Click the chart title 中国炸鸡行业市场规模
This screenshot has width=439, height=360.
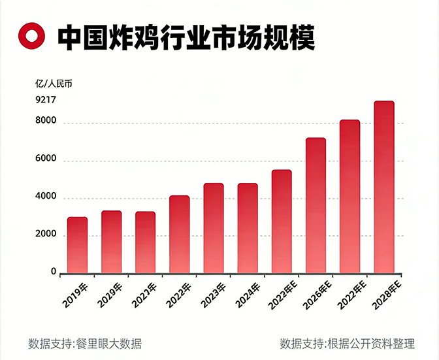click(x=186, y=37)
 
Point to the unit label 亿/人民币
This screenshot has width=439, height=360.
click(x=54, y=83)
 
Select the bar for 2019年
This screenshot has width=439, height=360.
click(x=77, y=245)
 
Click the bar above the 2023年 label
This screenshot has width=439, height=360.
click(x=213, y=228)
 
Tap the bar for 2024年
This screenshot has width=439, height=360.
click(x=247, y=228)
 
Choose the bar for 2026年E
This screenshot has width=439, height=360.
click(x=316, y=205)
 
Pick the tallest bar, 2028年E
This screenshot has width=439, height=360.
click(x=383, y=187)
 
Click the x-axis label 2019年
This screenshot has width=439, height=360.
click(x=76, y=296)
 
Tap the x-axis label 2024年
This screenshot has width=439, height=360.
click(x=246, y=296)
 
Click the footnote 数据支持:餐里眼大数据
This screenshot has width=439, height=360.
click(x=85, y=344)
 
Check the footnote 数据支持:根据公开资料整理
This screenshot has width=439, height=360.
click(x=347, y=344)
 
